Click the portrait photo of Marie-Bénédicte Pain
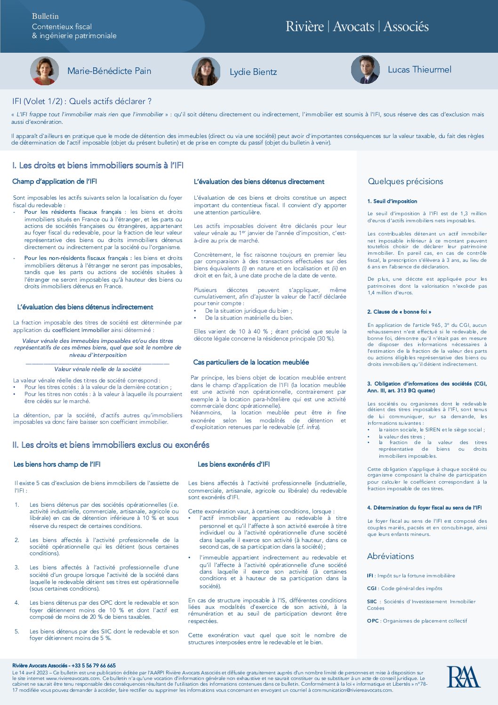pyautogui.click(x=45, y=71)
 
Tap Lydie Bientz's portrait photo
pyautogui.click(x=206, y=72)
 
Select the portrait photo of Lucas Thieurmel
pyautogui.click(x=365, y=70)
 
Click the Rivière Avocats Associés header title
pyautogui.click(x=357, y=26)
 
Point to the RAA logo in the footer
pyautogui.click(x=463, y=677)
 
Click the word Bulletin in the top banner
pyautogui.click(x=45, y=16)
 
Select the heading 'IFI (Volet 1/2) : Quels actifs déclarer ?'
pyautogui.click(x=82, y=101)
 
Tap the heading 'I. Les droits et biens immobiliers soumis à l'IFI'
pyautogui.click(x=98, y=165)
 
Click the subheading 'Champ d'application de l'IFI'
pyautogui.click(x=55, y=181)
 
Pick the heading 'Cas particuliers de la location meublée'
pyautogui.click(x=251, y=362)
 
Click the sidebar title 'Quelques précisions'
pyautogui.click(x=405, y=181)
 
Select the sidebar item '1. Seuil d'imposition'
pyautogui.click(x=392, y=201)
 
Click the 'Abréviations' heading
pyautogui.click(x=390, y=556)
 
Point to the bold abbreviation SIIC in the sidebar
pyautogui.click(x=372, y=601)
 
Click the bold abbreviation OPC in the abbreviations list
pyautogui.click(x=372, y=621)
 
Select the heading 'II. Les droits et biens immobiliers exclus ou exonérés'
pyautogui.click(x=111, y=445)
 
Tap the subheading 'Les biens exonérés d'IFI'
pyautogui.click(x=233, y=464)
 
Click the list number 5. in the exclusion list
pyautogui.click(x=17, y=631)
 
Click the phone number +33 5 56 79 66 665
pyautogui.click(x=94, y=665)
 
